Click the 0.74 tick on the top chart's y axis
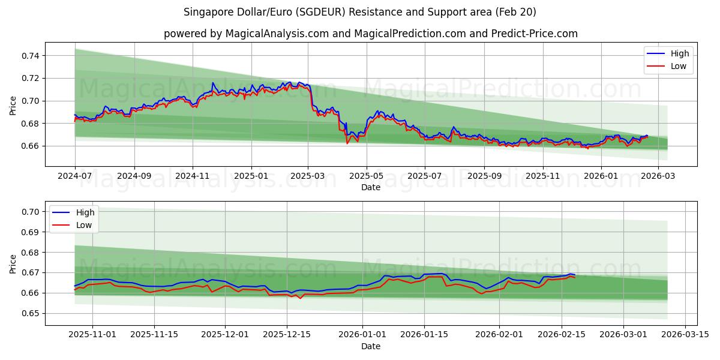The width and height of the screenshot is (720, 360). pos(31,56)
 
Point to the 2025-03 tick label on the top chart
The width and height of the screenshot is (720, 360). pos(308,176)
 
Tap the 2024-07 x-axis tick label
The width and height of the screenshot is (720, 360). pos(75,176)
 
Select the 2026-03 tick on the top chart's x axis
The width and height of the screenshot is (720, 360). pos(658,176)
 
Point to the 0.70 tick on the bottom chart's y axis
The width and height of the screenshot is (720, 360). pos(31,212)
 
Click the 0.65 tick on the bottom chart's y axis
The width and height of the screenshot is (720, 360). pos(31,313)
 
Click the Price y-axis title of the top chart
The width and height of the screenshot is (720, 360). pos(13,106)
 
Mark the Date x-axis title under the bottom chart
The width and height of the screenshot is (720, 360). pos(371,346)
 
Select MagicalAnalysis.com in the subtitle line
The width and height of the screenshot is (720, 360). pos(277,34)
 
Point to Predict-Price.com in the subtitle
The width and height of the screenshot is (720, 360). pos(535,34)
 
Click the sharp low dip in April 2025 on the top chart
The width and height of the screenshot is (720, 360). pos(347,143)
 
